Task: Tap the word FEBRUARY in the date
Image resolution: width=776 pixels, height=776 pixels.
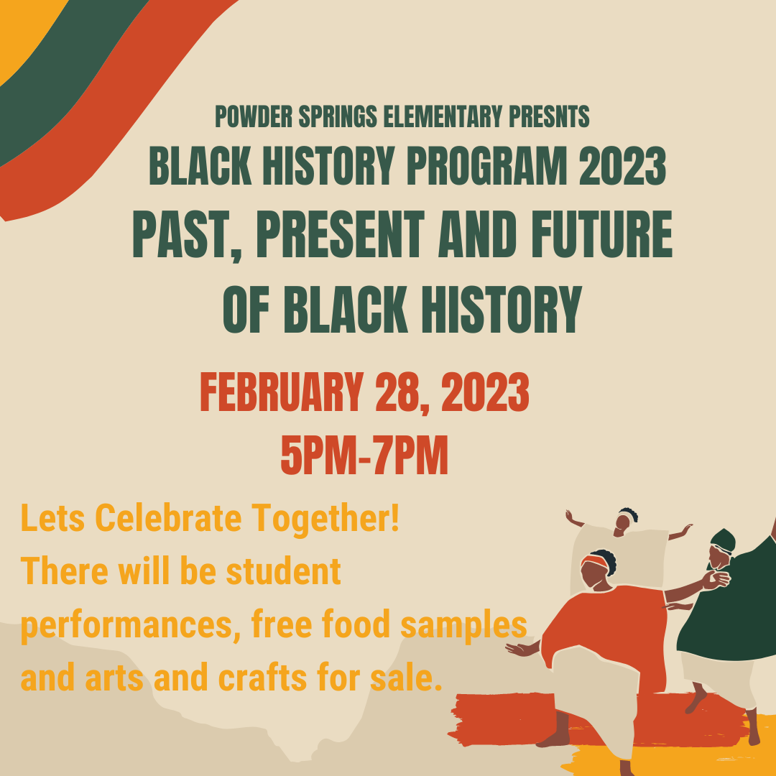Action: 281,393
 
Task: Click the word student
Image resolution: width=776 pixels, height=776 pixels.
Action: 283,572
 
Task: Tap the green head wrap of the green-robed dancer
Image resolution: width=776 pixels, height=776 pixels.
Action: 723,539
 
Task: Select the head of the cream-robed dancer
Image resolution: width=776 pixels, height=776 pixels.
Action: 627,518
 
